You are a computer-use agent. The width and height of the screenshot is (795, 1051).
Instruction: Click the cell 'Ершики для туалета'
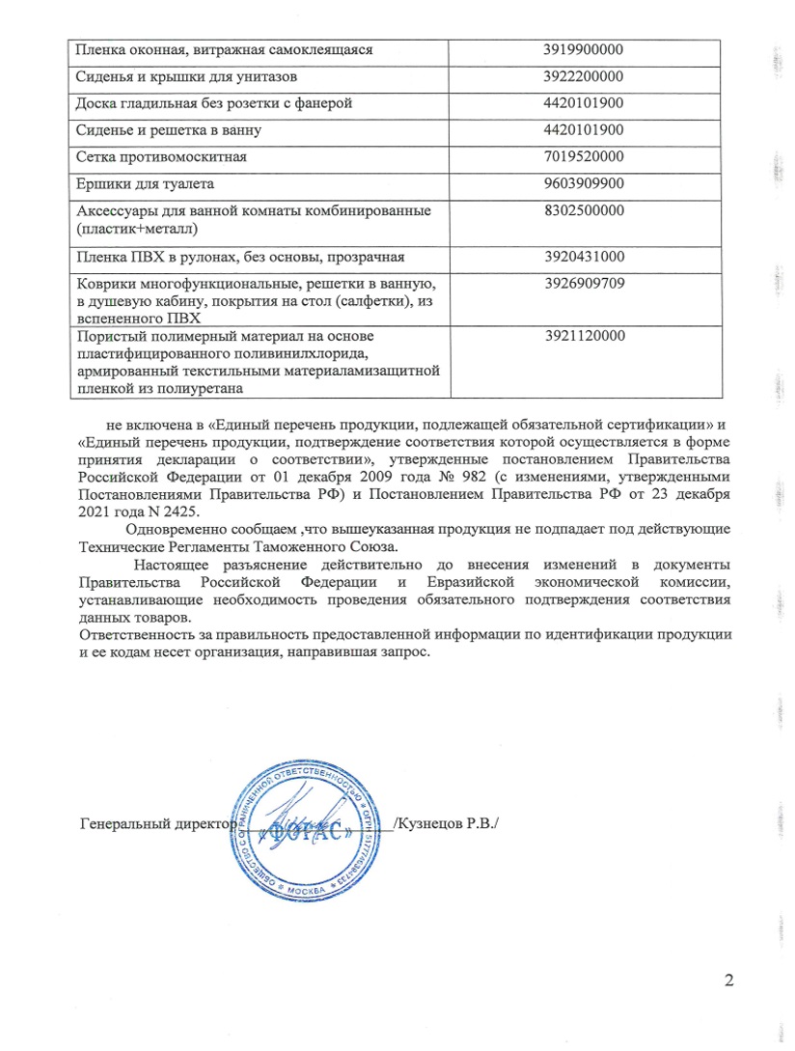click(x=145, y=183)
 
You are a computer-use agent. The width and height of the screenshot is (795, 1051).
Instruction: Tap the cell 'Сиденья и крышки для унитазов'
click(x=180, y=76)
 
